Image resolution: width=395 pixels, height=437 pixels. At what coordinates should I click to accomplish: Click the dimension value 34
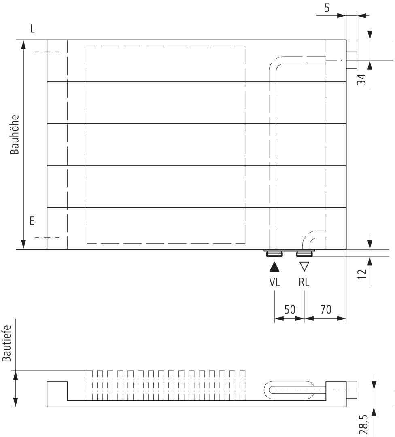tap(361, 79)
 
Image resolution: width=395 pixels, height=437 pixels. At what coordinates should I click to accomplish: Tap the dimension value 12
tap(361, 274)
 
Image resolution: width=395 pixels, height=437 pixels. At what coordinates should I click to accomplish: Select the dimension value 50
tap(290, 310)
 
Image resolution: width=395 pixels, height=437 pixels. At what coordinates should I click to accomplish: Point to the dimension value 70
tap(325, 310)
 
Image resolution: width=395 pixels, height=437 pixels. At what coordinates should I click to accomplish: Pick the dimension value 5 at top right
tap(327, 8)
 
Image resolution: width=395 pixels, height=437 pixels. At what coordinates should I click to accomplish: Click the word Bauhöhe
tap(15, 134)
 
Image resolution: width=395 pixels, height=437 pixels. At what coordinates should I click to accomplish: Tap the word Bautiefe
tap(6, 344)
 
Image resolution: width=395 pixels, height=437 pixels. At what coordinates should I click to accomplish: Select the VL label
tap(274, 282)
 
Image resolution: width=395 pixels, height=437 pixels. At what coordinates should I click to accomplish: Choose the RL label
tap(304, 282)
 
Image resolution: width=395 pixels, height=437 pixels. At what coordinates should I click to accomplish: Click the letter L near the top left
tap(32, 28)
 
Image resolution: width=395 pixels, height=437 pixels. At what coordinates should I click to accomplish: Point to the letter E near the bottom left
tap(32, 221)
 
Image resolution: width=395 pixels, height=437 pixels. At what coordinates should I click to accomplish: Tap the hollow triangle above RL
tap(304, 267)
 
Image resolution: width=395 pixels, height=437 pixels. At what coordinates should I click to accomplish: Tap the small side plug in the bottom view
tap(351, 390)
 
